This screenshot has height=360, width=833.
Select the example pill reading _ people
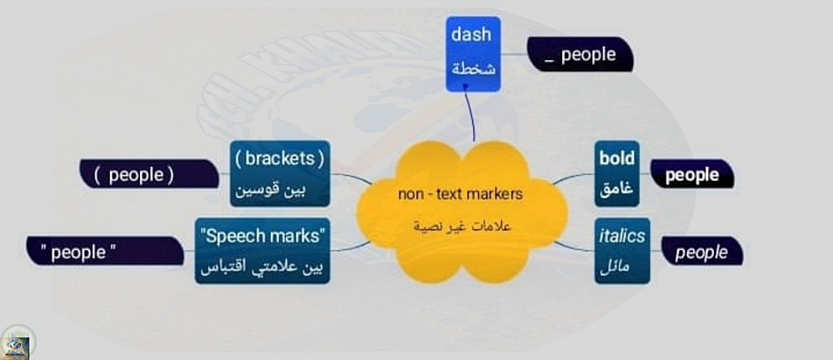pos(582,55)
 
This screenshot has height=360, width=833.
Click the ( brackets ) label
pos(279,157)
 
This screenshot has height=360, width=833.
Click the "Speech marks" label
pos(262,235)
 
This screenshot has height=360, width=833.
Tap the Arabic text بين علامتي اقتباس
pos(262,268)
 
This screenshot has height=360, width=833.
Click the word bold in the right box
pos(616,158)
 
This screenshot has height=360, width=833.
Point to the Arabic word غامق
pos(616,191)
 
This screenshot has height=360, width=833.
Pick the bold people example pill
pos(692,175)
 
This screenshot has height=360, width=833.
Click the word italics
pos(621,236)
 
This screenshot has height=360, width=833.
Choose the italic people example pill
pos(701,252)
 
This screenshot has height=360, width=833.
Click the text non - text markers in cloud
pos(460,195)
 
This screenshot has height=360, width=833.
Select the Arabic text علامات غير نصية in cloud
pos(461,227)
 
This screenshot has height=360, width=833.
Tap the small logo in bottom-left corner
pos(17,342)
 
